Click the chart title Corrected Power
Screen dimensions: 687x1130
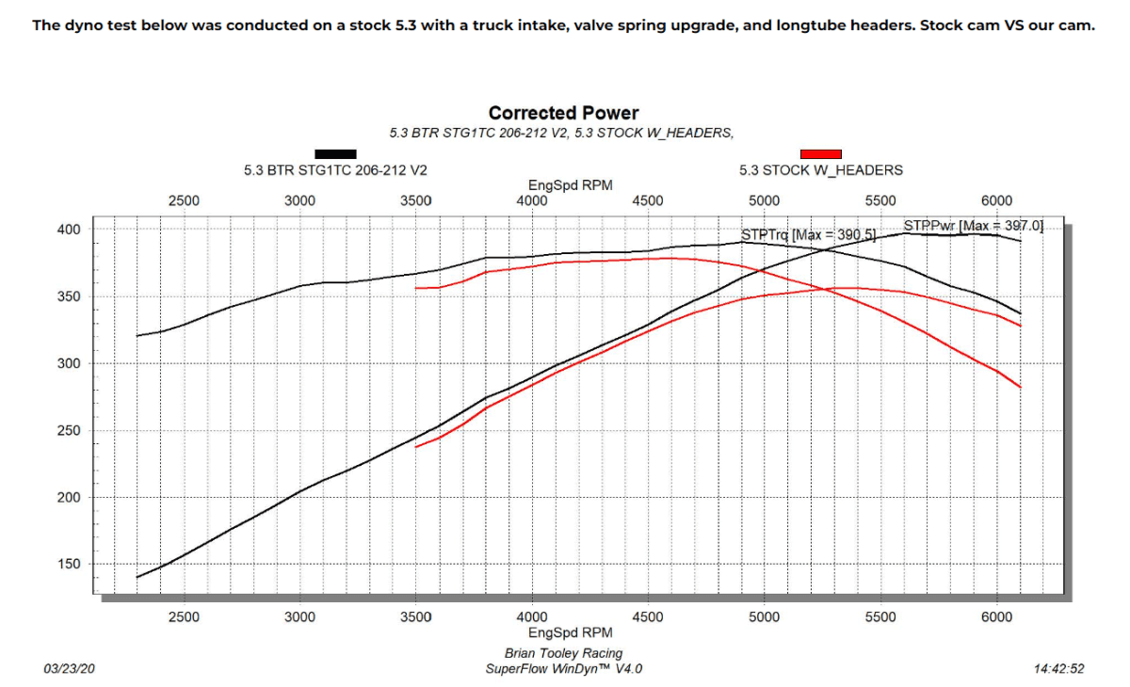tap(563, 114)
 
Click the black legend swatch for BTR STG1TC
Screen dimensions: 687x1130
tap(335, 153)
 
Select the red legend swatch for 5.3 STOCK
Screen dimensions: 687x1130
tap(820, 153)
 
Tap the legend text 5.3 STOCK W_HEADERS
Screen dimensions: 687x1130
tap(820, 170)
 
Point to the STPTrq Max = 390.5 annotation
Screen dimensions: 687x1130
tap(808, 233)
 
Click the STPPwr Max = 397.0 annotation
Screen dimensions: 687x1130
tap(973, 226)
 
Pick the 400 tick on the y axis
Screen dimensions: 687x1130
tap(71, 230)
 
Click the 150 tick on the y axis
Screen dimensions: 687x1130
tap(71, 565)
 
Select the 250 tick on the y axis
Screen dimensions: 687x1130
tap(71, 431)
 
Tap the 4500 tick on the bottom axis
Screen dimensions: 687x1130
tap(648, 617)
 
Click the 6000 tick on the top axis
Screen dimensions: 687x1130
tap(996, 200)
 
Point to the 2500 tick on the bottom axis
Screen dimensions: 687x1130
tap(184, 617)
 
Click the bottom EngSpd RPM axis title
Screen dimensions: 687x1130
tap(571, 633)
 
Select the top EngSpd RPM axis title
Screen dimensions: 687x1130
tap(571, 185)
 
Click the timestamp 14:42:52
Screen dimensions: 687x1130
tap(1058, 669)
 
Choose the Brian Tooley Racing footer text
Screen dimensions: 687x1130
tap(563, 653)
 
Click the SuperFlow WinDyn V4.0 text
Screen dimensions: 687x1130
tap(563, 669)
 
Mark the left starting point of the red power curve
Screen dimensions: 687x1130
tap(416, 446)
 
